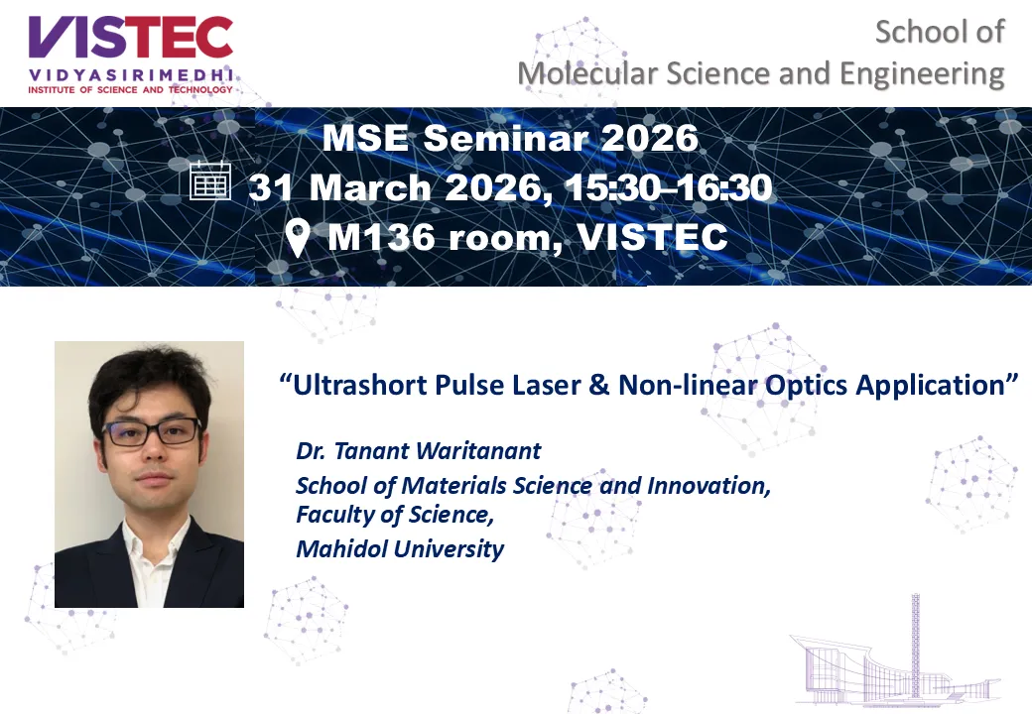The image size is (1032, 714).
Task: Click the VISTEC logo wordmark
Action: tap(130, 38)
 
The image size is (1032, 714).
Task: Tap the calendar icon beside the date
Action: tap(210, 180)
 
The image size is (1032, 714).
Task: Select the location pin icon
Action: tap(298, 237)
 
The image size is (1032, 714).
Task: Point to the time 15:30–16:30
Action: tap(668, 187)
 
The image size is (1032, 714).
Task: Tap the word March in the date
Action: tap(370, 187)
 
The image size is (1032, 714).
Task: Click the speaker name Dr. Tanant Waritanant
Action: tap(419, 451)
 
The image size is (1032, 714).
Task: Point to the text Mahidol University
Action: tap(400, 549)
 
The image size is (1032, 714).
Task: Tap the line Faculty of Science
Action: tap(395, 515)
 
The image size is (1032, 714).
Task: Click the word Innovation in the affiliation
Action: tap(709, 486)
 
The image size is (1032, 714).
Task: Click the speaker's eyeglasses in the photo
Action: tap(152, 431)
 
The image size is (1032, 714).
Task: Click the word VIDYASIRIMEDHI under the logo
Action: tap(130, 75)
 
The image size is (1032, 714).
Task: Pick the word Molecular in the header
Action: tap(587, 74)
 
